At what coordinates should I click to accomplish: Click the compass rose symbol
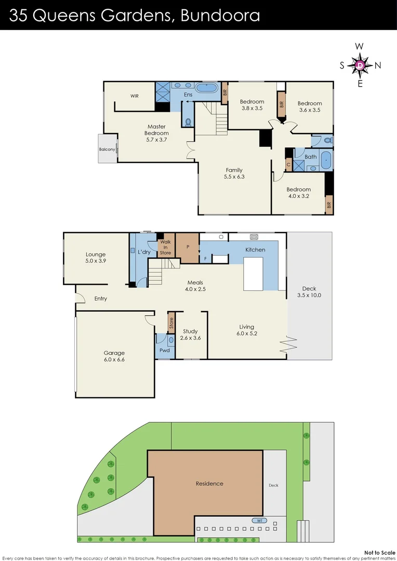pos(360,65)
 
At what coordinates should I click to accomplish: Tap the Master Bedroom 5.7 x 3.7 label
pos(156,130)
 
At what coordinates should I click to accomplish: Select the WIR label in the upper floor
pos(135,96)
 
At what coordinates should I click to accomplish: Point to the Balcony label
pos(107,150)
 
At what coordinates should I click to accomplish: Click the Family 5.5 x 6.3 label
pos(234,173)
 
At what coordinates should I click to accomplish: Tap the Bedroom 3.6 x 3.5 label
pos(310,106)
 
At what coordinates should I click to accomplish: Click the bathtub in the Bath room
pos(326,161)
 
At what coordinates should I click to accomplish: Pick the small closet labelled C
pos(288,164)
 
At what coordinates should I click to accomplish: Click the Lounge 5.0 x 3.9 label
pos(96,258)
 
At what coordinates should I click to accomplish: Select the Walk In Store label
pos(165,247)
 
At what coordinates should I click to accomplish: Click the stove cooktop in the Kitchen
pos(254,237)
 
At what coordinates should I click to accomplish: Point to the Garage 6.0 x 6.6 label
pos(114,356)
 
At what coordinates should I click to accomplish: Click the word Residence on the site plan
pos(209,484)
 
